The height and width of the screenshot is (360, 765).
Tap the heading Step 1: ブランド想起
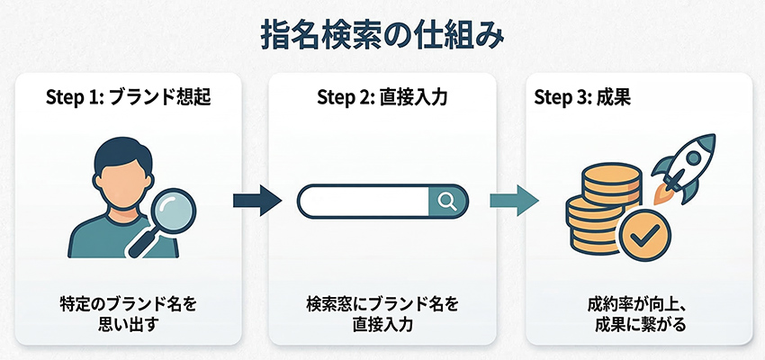[128, 96]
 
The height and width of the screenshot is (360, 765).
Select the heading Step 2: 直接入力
[382, 96]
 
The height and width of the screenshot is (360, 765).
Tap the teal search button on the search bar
[446, 200]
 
